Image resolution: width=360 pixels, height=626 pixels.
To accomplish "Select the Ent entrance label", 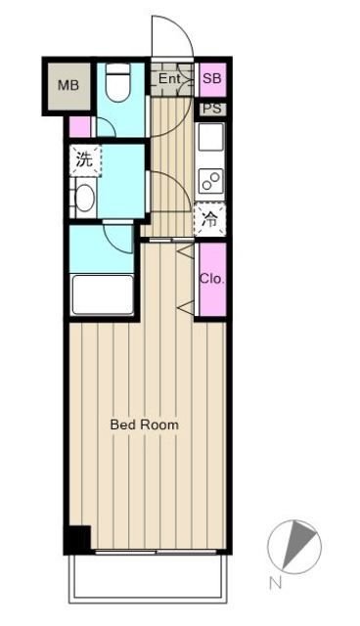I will [x=170, y=78].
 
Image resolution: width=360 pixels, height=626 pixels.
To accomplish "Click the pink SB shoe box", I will [x=212, y=78].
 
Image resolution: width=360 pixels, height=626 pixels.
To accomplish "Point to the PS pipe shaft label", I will [x=212, y=109].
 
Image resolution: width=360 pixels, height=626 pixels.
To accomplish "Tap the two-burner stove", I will [x=211, y=180].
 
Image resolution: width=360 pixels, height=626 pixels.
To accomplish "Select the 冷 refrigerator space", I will [x=210, y=219].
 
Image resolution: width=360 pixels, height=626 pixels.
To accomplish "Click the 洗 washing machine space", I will [x=83, y=159].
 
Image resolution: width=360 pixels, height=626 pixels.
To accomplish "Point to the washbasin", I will [x=84, y=199].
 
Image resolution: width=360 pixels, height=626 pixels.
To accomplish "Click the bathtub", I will [x=102, y=293].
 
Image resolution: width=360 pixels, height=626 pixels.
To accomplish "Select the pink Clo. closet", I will [x=212, y=279].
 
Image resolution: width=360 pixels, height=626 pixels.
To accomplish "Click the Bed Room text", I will [x=144, y=425].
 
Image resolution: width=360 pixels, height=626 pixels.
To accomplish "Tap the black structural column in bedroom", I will [x=77, y=539].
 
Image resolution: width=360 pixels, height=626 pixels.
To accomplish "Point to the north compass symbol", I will [x=296, y=544].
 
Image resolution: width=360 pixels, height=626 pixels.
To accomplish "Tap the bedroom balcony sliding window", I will [x=147, y=553].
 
